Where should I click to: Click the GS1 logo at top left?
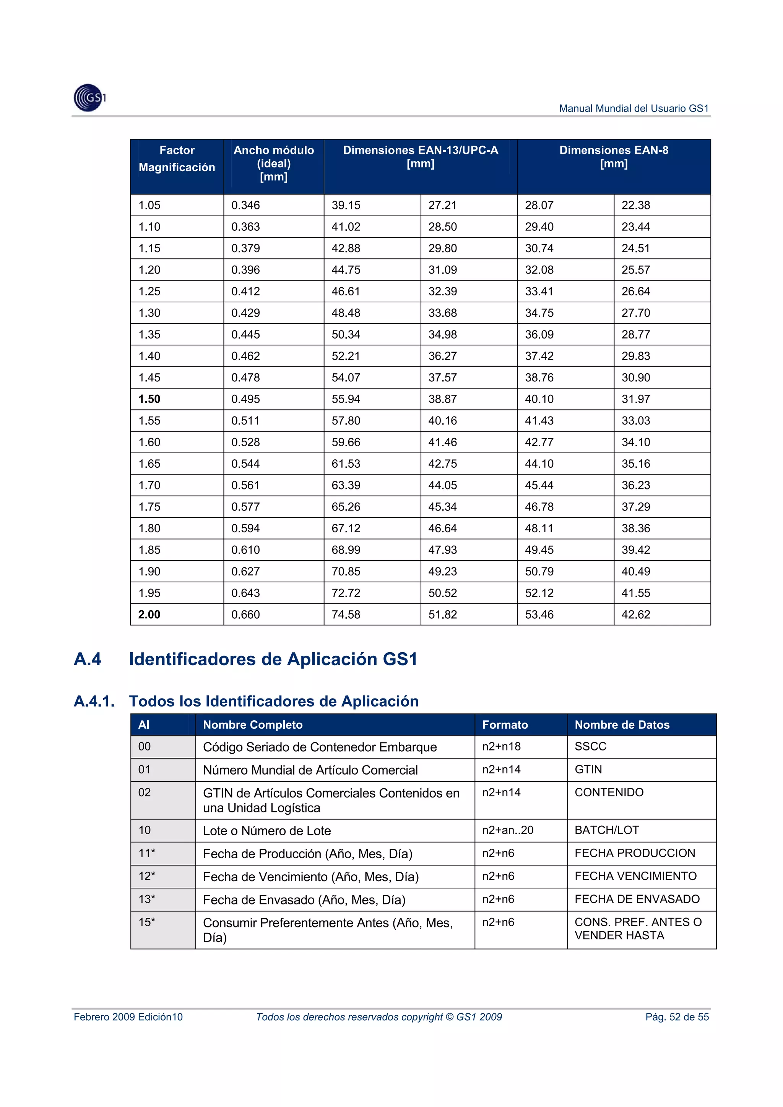(x=90, y=98)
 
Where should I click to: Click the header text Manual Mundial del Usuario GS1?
(x=634, y=109)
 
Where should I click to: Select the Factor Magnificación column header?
(x=177, y=159)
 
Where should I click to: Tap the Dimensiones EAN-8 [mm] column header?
(x=613, y=157)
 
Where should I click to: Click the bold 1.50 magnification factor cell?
(x=149, y=399)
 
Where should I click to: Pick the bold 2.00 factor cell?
(x=149, y=615)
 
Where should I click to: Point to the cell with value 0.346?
(x=245, y=206)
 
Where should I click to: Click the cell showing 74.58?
(x=346, y=615)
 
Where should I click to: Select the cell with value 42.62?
(x=635, y=615)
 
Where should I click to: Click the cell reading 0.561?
(x=245, y=486)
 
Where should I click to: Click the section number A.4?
(x=88, y=659)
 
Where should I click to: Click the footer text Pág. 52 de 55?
(x=677, y=1017)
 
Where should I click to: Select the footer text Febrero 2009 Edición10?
(x=128, y=1017)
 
